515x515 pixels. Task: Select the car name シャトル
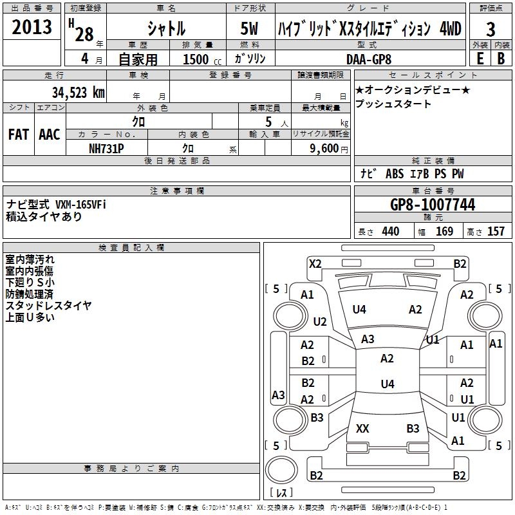[x=166, y=29]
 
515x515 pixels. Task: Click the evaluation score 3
[x=491, y=30]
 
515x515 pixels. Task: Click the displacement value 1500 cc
[x=201, y=59]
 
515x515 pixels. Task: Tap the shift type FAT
[x=18, y=135]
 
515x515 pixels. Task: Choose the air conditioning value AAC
[x=50, y=135]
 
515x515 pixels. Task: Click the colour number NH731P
[x=106, y=147]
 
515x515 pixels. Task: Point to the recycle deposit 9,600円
[x=328, y=147]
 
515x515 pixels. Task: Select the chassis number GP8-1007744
[x=433, y=205]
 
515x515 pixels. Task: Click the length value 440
[x=390, y=231]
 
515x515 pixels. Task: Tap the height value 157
[x=496, y=231]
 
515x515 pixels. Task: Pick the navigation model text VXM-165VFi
[x=80, y=204]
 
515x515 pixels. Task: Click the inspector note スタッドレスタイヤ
[x=48, y=305]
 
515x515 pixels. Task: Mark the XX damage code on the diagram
[x=362, y=428]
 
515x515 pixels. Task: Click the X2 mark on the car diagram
[x=315, y=263]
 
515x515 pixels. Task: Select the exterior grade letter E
[x=480, y=59]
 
